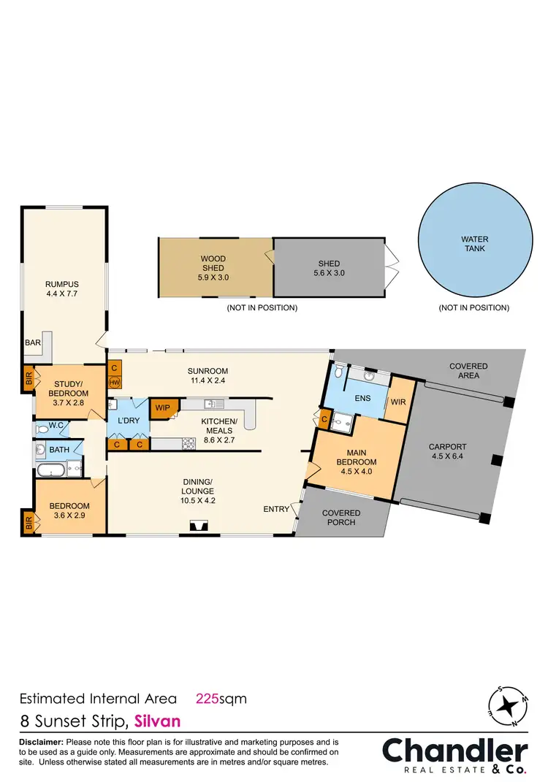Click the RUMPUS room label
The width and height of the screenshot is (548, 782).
point(62,284)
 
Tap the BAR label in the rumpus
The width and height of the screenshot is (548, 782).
point(32,342)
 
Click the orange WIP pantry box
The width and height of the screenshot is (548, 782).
point(161,407)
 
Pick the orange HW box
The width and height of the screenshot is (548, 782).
point(115,382)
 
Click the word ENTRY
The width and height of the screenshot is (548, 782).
point(277,509)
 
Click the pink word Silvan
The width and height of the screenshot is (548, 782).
point(157,721)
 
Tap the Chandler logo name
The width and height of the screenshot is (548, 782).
point(454,751)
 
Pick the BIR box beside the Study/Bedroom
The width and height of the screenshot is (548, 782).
point(28,379)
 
